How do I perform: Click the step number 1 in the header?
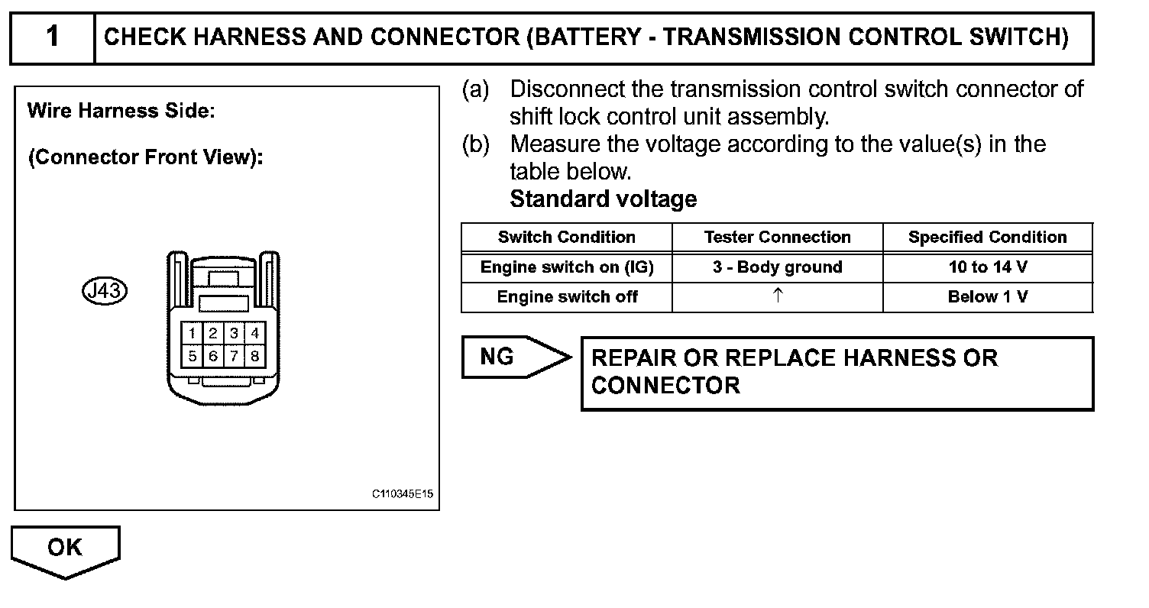click(52, 37)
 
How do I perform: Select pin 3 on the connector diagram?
click(235, 333)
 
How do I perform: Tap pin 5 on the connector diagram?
click(193, 356)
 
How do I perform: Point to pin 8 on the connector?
click(255, 356)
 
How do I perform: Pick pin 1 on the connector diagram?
click(193, 333)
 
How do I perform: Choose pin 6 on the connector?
click(213, 356)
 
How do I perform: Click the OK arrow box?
click(65, 548)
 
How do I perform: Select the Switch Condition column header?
click(566, 238)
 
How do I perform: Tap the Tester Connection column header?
click(777, 238)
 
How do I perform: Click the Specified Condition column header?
click(987, 238)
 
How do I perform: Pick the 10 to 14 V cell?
click(987, 267)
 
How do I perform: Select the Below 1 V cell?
click(987, 297)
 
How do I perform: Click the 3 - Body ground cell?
click(777, 267)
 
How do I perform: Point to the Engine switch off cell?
click(566, 297)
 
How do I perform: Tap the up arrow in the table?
click(777, 296)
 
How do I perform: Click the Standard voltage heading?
click(603, 199)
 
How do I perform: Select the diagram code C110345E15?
click(403, 494)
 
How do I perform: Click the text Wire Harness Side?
click(121, 111)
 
